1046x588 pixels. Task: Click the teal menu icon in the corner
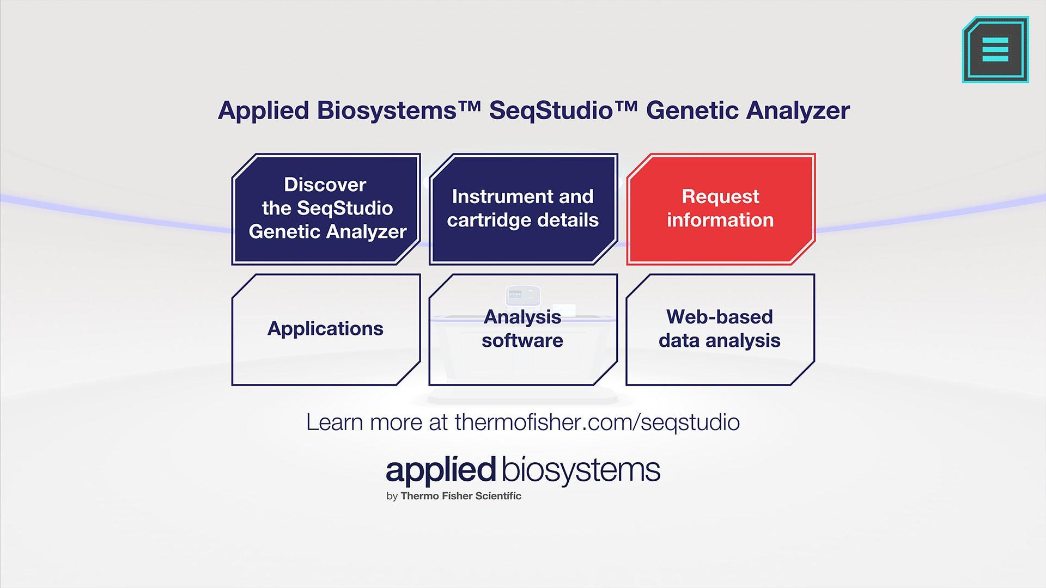click(995, 50)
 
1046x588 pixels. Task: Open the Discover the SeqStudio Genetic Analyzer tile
click(326, 209)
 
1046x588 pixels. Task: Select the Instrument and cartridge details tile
click(523, 209)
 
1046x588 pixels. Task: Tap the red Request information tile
click(720, 209)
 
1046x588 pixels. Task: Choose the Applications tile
click(326, 329)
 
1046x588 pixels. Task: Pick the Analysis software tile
click(523, 329)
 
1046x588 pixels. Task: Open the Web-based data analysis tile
click(720, 329)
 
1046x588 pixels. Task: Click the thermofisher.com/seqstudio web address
click(597, 422)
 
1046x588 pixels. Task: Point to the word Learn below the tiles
click(335, 422)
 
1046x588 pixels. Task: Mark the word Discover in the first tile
click(325, 185)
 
